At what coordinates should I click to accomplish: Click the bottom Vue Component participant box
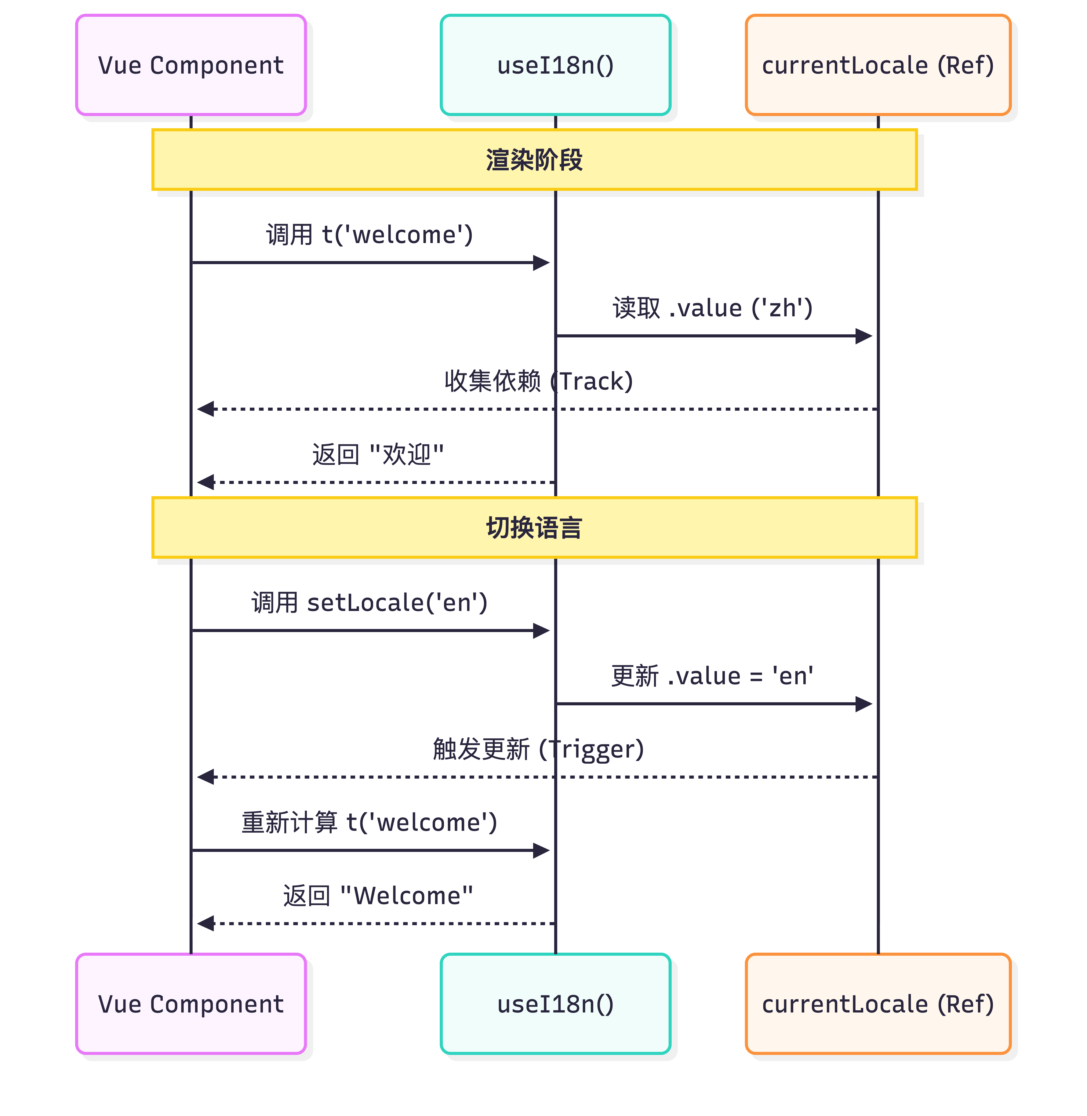[191, 1004]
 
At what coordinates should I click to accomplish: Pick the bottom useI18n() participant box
[555, 1004]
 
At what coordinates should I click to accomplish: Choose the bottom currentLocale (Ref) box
[878, 1004]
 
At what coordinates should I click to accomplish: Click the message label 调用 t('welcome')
[369, 234]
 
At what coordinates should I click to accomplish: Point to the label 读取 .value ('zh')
[712, 308]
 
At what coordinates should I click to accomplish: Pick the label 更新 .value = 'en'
[712, 676]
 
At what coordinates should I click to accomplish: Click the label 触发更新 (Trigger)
[538, 749]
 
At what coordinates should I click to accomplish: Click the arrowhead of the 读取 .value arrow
[864, 336]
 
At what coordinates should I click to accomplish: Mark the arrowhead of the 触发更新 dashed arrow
[205, 777]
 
